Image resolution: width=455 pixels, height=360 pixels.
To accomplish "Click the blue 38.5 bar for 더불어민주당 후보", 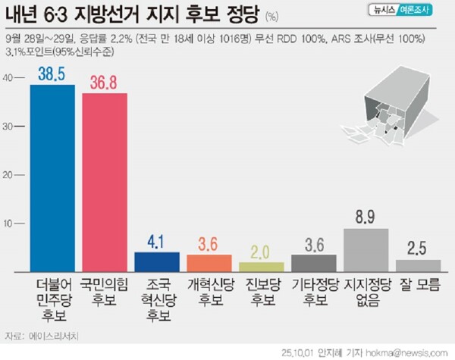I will (52, 178).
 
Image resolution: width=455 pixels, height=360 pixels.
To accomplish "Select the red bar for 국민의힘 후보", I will (105, 182).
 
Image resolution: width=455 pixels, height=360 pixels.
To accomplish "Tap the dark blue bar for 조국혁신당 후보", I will (157, 261).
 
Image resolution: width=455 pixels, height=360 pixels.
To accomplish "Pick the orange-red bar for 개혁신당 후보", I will (209, 263).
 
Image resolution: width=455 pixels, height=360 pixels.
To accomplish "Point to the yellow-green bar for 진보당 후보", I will (262, 267).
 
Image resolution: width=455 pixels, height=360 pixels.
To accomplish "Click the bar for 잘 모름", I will (418, 265).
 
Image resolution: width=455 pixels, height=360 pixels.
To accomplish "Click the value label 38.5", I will (52, 74).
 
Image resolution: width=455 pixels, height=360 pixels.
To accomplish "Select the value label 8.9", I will (366, 218).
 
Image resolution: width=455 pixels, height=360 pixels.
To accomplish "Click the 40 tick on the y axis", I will (8, 78).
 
